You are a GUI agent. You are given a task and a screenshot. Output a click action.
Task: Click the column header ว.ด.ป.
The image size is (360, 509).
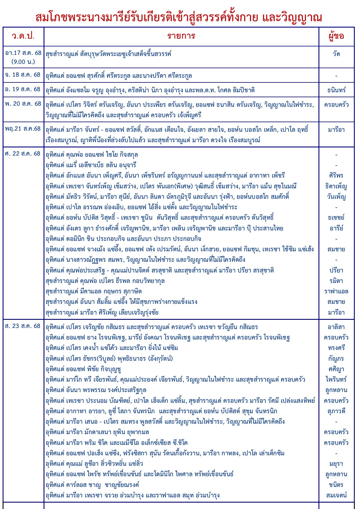(x=23, y=36)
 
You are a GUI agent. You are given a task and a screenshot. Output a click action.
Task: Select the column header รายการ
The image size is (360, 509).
(x=181, y=36)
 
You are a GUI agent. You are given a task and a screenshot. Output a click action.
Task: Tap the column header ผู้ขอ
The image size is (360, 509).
(x=336, y=36)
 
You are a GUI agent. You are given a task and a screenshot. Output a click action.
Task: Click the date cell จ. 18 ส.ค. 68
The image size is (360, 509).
(x=23, y=75)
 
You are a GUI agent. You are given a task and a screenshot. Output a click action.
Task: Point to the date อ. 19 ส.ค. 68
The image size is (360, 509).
(x=23, y=89)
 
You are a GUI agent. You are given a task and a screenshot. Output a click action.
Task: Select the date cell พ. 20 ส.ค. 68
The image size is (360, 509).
(x=23, y=104)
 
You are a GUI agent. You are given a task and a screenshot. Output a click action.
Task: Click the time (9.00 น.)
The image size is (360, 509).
(x=23, y=62)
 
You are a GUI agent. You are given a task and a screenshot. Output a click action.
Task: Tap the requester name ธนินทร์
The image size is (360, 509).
(x=336, y=90)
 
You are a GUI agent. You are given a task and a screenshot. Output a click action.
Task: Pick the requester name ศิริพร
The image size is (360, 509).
(x=336, y=176)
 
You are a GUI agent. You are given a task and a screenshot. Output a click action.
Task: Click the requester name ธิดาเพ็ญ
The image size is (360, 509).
(x=336, y=186)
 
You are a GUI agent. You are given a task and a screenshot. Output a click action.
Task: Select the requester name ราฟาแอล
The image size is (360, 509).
(x=336, y=291)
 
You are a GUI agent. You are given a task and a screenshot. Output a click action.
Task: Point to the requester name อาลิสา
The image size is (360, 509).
(x=336, y=327)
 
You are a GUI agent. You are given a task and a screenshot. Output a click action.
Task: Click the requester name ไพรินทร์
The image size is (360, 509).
(x=336, y=380)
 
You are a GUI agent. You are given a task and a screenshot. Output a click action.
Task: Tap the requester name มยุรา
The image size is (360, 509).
(x=336, y=464)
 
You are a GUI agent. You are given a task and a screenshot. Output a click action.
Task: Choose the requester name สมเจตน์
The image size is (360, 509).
(x=336, y=495)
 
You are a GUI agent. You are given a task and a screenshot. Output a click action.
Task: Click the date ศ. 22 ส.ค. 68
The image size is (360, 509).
(x=23, y=154)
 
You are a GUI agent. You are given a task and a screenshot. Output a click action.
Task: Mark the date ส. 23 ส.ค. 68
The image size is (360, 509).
(x=23, y=326)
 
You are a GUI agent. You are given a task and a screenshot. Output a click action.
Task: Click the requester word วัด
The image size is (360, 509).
(x=336, y=54)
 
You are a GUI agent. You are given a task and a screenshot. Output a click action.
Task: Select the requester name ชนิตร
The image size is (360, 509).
(x=336, y=485)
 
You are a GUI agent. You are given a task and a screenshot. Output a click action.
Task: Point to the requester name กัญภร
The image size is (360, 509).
(x=336, y=359)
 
